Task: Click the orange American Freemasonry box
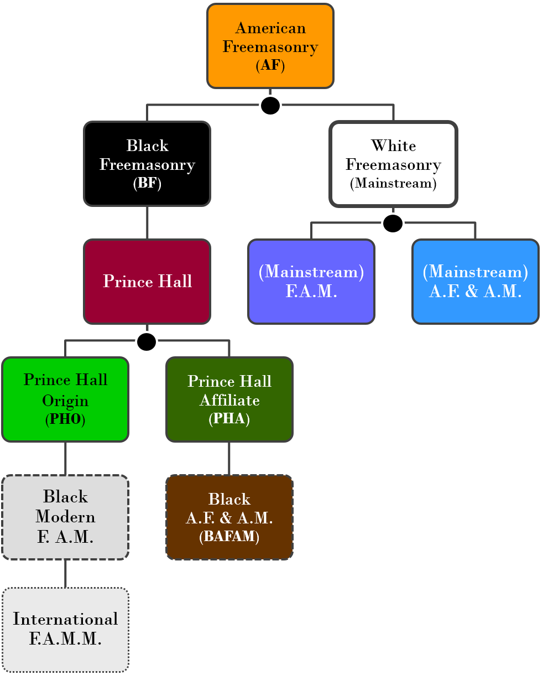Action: click(x=270, y=46)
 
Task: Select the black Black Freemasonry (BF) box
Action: click(x=147, y=164)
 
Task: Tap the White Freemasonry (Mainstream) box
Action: click(x=394, y=164)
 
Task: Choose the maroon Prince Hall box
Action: click(x=147, y=282)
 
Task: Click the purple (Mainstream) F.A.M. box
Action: click(x=311, y=282)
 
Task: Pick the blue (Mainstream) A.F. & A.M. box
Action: click(x=476, y=282)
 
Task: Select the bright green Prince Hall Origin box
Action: click(x=65, y=399)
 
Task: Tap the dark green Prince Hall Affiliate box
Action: click(x=229, y=399)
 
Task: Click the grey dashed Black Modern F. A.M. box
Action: click(x=65, y=517)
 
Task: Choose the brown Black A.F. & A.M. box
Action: click(x=229, y=517)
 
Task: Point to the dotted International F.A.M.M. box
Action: click(x=65, y=630)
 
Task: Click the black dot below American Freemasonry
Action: click(x=270, y=105)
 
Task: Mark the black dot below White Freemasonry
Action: click(x=393, y=224)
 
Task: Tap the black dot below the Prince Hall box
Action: click(x=147, y=341)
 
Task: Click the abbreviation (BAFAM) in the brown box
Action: click(x=229, y=536)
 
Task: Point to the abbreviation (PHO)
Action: click(x=65, y=419)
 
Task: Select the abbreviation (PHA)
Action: click(x=229, y=418)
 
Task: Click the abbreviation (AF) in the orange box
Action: click(x=270, y=65)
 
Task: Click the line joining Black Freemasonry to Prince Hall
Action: click(x=147, y=223)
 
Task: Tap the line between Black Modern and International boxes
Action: click(x=65, y=574)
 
